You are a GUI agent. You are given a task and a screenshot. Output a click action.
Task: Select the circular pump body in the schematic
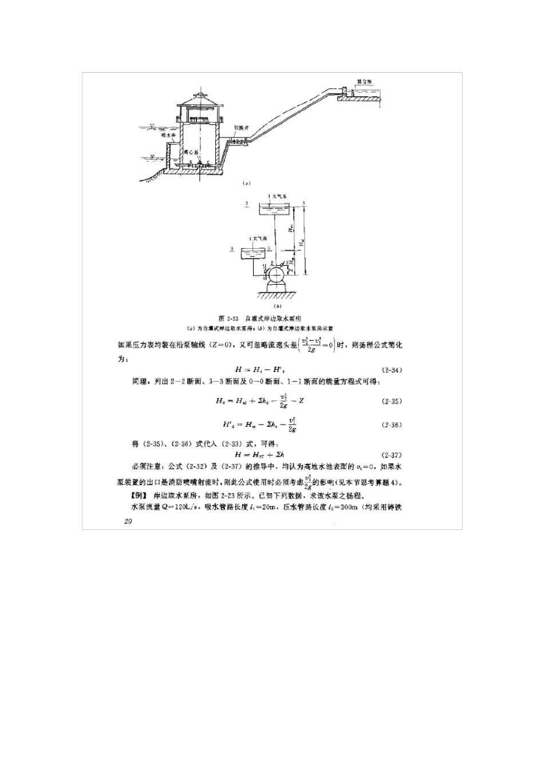click(278, 273)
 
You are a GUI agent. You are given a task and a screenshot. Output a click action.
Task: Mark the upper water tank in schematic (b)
click(277, 209)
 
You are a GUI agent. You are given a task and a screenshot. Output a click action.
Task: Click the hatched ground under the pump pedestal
click(278, 296)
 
